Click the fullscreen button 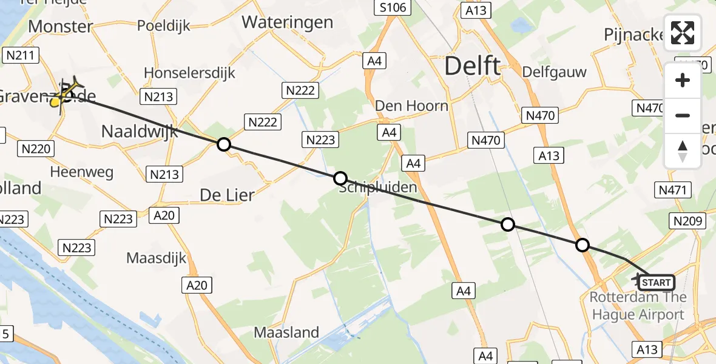(x=683, y=33)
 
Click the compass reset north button (x=683, y=151)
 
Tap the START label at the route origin (x=656, y=283)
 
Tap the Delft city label (x=473, y=66)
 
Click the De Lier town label (x=226, y=195)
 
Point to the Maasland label (x=286, y=332)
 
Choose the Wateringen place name (x=287, y=22)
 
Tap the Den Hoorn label (x=411, y=106)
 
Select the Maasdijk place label (x=157, y=258)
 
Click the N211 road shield (x=21, y=56)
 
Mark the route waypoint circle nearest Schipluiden (x=340, y=178)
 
